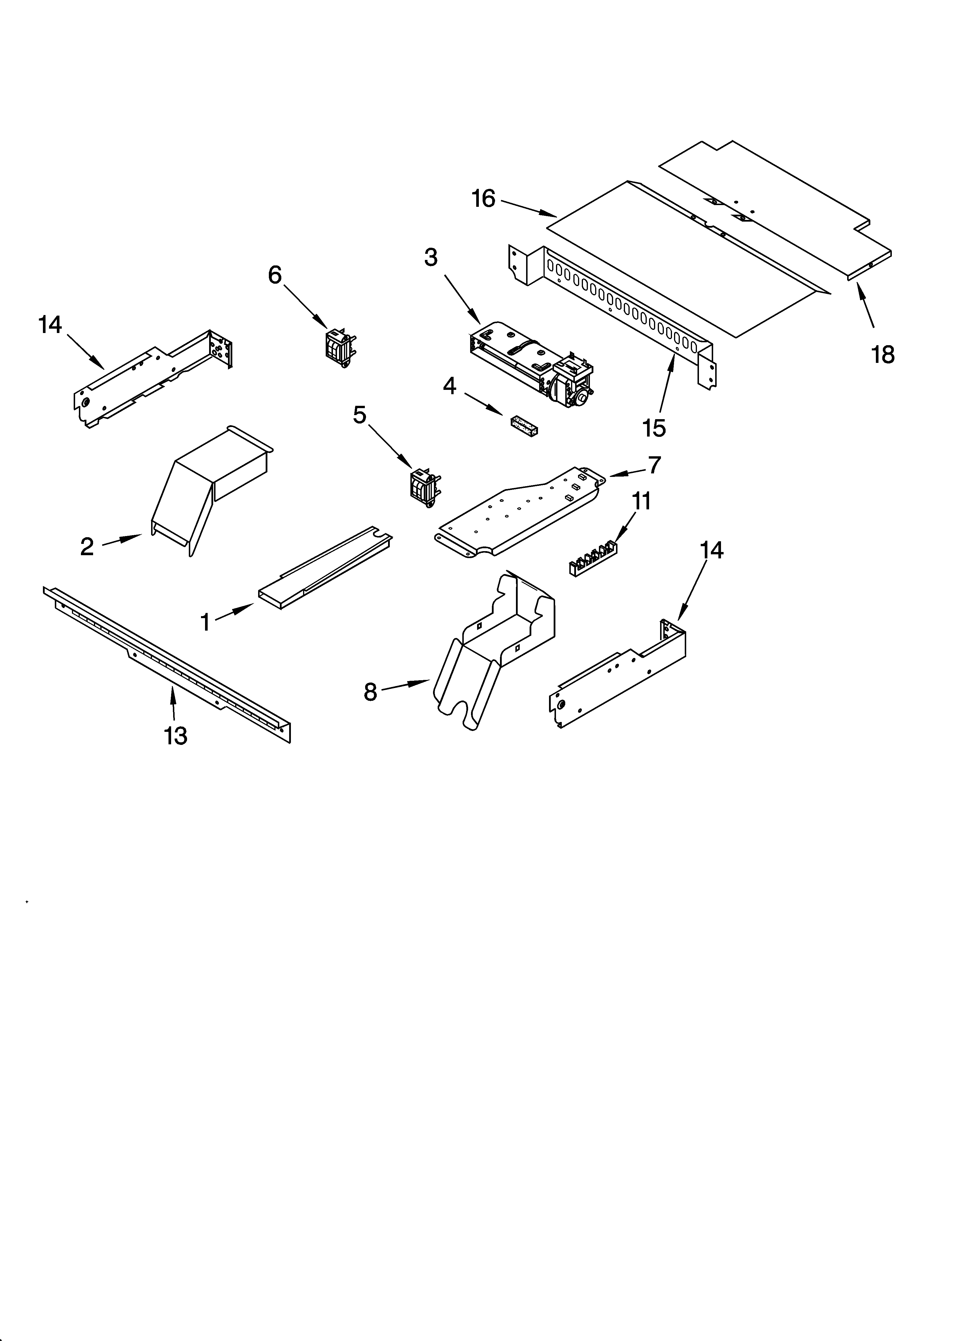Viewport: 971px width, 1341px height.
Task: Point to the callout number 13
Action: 176,736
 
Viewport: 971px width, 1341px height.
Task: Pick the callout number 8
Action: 370,691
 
